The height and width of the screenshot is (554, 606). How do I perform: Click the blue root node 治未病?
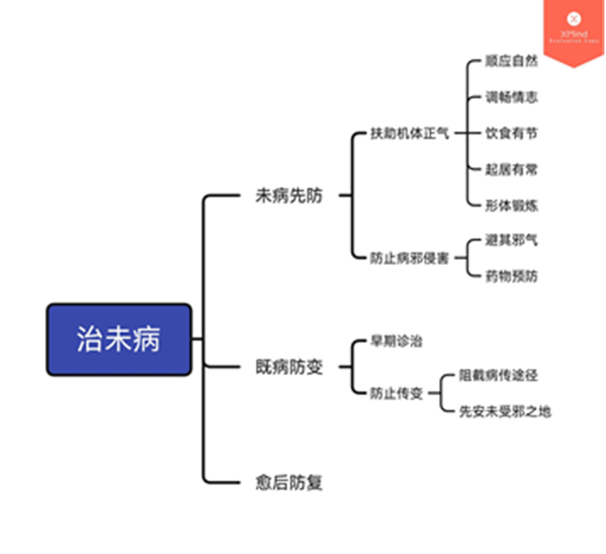tap(119, 340)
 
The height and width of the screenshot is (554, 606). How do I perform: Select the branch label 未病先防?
tap(289, 196)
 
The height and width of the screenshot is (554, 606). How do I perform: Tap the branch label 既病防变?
tap(289, 367)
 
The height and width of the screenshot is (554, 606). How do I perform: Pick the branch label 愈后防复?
tap(289, 483)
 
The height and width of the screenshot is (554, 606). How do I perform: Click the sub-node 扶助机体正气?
tap(409, 133)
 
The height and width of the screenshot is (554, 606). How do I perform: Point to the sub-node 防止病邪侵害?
tap(409, 258)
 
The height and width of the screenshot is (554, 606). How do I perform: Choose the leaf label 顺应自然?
tap(511, 61)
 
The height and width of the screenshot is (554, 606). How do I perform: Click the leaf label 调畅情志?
tap(511, 97)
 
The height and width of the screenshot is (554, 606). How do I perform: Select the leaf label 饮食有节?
tap(511, 133)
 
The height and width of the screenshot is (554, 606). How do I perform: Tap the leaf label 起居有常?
tap(511, 169)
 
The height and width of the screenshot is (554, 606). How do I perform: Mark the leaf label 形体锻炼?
tap(511, 204)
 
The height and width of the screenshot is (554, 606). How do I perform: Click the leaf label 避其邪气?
tap(511, 240)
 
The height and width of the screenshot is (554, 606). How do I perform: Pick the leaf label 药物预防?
tap(511, 276)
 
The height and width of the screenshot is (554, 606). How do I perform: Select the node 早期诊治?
tap(396, 342)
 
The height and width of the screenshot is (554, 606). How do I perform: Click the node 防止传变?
tap(396, 393)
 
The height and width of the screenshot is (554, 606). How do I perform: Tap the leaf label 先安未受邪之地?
tap(504, 411)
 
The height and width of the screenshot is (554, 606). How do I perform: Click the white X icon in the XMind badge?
tap(572, 18)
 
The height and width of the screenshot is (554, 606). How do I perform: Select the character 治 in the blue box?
tap(90, 340)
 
